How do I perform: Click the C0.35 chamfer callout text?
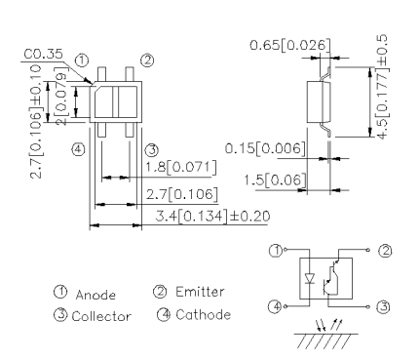click(43, 54)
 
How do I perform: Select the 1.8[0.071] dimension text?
click(180, 168)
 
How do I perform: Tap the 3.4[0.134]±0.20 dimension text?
click(212, 217)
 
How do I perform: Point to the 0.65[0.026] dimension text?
click(290, 45)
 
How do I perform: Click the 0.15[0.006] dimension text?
click(265, 148)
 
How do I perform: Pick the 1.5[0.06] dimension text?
click(275, 180)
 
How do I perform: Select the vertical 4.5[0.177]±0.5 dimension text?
click(382, 87)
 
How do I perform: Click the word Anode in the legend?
click(95, 295)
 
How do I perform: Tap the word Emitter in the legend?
click(200, 292)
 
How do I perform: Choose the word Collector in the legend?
click(101, 316)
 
